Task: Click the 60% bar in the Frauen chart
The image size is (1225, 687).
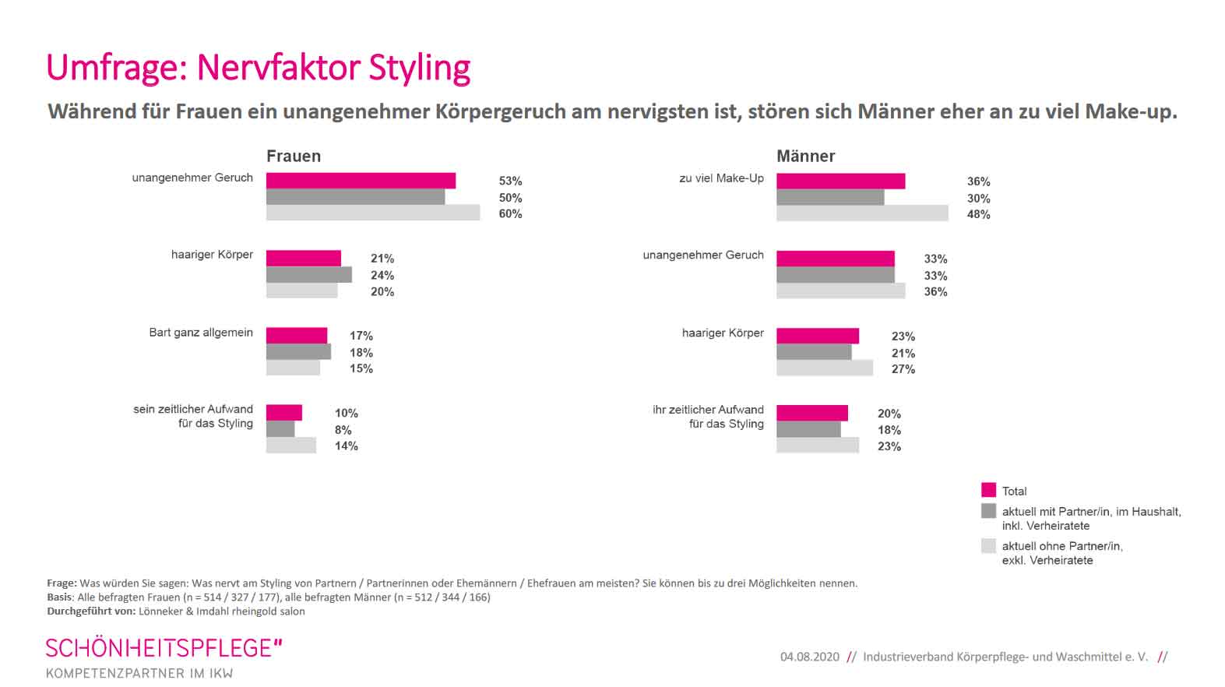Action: [x=372, y=213]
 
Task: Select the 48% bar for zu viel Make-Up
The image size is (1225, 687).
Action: [x=861, y=213]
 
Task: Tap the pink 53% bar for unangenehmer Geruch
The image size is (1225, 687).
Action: [x=361, y=181]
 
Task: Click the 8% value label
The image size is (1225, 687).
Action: [x=343, y=430]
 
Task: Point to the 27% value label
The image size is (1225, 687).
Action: [x=903, y=369]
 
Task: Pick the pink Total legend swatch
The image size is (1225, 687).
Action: [x=988, y=490]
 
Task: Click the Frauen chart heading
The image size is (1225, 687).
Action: [x=293, y=156]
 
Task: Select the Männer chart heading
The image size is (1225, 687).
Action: [x=805, y=156]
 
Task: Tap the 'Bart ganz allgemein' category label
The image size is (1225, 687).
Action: [x=201, y=333]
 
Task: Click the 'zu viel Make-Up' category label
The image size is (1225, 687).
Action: [x=721, y=178]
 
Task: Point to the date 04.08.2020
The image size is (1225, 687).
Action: [x=809, y=657]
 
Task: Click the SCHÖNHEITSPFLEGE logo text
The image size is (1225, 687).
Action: [x=164, y=648]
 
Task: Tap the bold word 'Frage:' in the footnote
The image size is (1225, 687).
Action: [x=62, y=583]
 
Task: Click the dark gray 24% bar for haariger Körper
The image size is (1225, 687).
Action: [x=308, y=275]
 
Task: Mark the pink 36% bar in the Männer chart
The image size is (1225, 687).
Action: [x=840, y=181]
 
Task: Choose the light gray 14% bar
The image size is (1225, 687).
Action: [x=290, y=446]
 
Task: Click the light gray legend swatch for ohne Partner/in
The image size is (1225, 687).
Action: [x=988, y=546]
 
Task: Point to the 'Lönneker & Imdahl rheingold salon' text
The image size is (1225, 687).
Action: [x=221, y=611]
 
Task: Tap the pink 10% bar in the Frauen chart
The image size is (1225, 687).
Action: [x=283, y=413]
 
